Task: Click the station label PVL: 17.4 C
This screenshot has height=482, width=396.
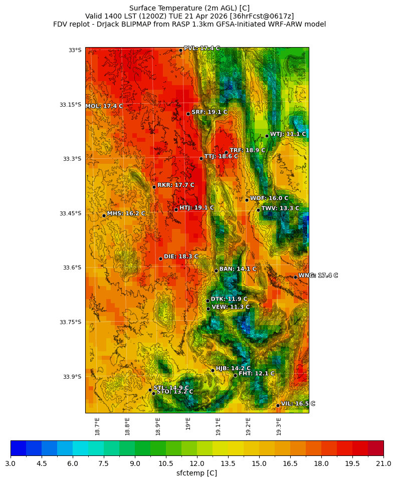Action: (202, 49)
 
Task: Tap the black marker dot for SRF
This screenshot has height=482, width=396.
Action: (188, 114)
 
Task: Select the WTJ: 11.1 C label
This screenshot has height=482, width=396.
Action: (288, 134)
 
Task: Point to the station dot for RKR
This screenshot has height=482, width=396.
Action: (154, 187)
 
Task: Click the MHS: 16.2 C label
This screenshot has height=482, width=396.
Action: (126, 213)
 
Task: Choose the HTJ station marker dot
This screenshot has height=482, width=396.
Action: (176, 209)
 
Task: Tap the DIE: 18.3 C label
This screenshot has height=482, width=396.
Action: (181, 257)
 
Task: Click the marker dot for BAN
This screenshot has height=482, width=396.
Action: (216, 271)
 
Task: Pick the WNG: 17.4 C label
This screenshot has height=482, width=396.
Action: (318, 276)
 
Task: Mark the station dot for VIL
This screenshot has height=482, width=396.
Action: (278, 405)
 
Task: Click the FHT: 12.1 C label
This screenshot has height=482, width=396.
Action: (256, 374)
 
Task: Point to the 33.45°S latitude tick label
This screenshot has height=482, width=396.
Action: (70, 213)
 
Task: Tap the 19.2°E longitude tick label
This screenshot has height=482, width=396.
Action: (248, 426)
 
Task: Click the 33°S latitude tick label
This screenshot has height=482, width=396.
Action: (75, 50)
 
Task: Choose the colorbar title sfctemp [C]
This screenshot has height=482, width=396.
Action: (197, 473)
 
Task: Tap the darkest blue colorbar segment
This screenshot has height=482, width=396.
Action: (18, 448)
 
